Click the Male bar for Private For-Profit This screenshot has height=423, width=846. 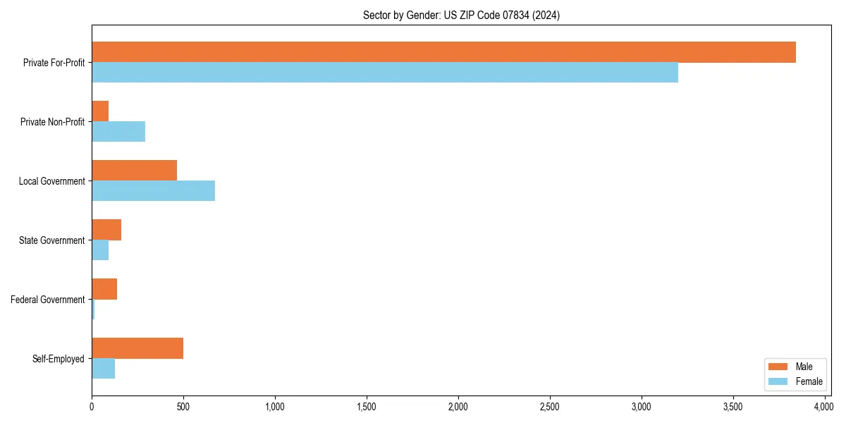click(x=443, y=52)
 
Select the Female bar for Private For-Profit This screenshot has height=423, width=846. click(x=385, y=73)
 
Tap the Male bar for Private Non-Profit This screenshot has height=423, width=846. click(x=100, y=111)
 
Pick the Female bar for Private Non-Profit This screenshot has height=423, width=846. click(x=118, y=132)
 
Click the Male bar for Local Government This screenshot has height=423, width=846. click(x=134, y=171)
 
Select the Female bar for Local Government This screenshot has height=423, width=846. click(x=153, y=191)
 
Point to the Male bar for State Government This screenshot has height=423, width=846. click(x=106, y=230)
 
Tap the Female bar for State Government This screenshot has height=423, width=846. click(x=100, y=250)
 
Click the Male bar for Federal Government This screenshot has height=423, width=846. click(x=104, y=289)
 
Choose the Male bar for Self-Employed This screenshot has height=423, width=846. click(x=137, y=348)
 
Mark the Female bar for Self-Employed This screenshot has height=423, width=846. click(x=103, y=369)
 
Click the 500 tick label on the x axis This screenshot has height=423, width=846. click(x=183, y=407)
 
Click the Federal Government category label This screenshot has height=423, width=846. click(x=47, y=300)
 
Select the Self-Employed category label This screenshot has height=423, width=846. click(x=59, y=359)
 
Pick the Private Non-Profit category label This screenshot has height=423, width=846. click(x=52, y=122)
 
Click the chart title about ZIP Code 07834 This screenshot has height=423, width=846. click(x=461, y=16)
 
